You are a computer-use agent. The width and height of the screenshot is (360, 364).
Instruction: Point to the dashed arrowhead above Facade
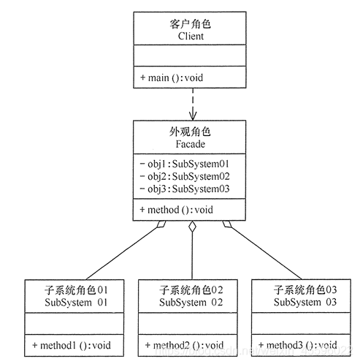192,115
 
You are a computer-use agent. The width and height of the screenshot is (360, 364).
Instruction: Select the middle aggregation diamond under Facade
192,227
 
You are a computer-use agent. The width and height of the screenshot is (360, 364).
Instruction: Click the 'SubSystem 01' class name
76,302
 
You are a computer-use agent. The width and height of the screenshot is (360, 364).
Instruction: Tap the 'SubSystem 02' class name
191,302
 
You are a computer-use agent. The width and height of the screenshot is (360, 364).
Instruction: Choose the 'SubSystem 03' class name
305,302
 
